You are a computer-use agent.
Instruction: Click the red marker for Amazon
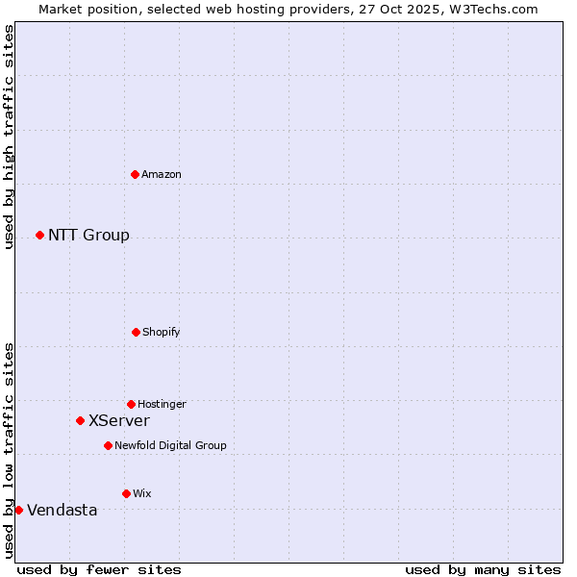coord(136,174)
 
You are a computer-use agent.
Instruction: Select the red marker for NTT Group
coord(39,235)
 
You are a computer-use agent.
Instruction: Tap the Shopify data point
coord(136,332)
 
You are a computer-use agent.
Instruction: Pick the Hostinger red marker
coord(131,404)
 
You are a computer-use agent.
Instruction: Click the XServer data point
coord(80,420)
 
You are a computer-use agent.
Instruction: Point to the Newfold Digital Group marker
coord(108,445)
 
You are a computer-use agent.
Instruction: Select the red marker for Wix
coord(126,493)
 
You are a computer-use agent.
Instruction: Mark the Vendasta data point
coord(18,510)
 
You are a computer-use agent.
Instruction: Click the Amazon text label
coord(162,174)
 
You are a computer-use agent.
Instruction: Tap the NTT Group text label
coord(88,236)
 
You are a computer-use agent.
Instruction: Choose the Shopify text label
coord(162,332)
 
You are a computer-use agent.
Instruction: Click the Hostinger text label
coord(162,404)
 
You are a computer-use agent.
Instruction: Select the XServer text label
coord(119,421)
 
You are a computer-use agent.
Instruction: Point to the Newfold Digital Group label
coord(170,445)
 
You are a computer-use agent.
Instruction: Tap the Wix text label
coord(142,493)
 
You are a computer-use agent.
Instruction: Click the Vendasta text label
coord(63,511)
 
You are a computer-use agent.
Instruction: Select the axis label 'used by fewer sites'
coord(99,569)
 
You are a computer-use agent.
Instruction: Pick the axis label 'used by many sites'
coord(483,569)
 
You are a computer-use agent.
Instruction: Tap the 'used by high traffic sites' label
coord(9,137)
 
